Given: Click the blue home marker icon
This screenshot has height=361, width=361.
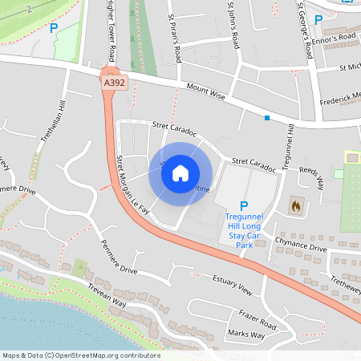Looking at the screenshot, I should click(x=180, y=173).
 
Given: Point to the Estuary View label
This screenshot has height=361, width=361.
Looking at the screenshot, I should click(x=233, y=283).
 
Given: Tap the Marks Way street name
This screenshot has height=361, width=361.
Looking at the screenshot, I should click(x=246, y=334).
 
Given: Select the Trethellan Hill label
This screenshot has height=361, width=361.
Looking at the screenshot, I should click(x=57, y=120).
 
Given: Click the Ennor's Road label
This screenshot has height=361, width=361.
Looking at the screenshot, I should click(x=336, y=37).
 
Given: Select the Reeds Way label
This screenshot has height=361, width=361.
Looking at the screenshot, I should click(x=311, y=178).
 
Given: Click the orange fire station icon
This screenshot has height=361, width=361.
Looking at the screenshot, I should click(x=296, y=206).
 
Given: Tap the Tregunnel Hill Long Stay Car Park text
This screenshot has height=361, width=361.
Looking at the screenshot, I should click(x=244, y=229).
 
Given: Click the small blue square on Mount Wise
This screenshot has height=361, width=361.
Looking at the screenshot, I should click(x=267, y=118).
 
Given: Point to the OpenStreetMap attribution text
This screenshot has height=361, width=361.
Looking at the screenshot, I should click(x=81, y=355).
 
